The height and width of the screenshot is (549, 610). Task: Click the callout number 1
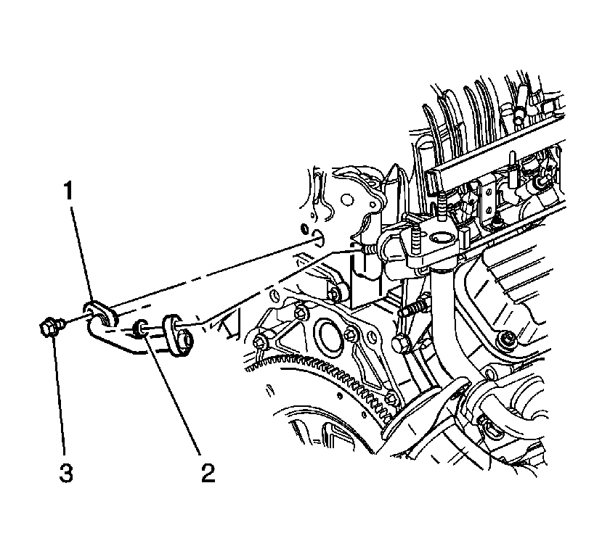click(69, 192)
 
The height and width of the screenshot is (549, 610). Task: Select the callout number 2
click(208, 473)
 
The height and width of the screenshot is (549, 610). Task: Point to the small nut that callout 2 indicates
click(140, 329)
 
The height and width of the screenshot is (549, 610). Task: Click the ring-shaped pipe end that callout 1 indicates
click(100, 313)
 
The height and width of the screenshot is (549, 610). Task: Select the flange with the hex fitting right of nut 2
click(179, 335)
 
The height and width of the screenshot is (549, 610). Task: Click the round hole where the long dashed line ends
click(318, 238)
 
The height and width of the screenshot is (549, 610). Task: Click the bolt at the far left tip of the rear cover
click(260, 342)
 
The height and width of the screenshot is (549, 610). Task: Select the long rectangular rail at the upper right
click(494, 160)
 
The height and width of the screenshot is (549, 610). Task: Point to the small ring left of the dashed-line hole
click(305, 228)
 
